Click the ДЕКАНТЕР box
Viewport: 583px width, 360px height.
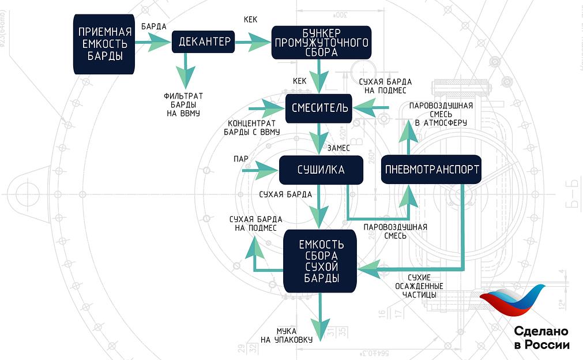[204, 42]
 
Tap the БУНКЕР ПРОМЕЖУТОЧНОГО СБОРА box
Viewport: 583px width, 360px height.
[321, 42]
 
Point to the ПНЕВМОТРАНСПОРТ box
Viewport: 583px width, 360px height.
[431, 170]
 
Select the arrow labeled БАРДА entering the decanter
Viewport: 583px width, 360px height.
[153, 41]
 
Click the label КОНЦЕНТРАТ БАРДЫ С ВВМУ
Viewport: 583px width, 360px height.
[253, 127]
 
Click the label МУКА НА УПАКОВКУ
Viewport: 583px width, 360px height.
[286, 335]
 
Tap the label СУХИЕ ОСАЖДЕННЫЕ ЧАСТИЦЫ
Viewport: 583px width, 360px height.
[419, 286]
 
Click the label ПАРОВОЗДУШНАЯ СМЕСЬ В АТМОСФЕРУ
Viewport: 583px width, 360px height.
[441, 114]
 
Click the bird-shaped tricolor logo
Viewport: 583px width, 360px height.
[513, 303]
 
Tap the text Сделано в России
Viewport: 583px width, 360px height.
[541, 338]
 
